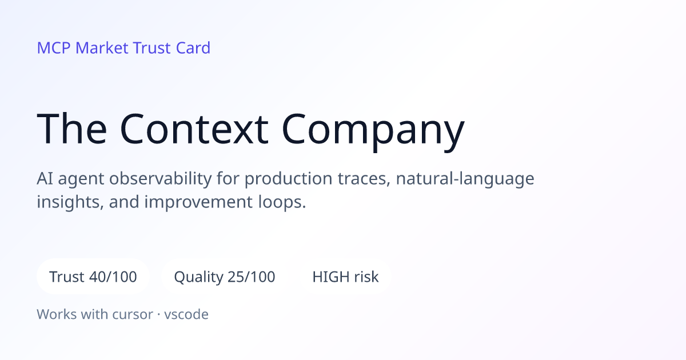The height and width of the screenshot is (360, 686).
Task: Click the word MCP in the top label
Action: pos(54,48)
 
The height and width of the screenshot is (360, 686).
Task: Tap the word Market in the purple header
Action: pos(102,48)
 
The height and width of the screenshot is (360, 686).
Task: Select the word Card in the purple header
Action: pos(193,48)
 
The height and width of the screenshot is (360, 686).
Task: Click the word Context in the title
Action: pos(194,129)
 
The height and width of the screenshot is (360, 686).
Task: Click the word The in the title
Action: pos(72,128)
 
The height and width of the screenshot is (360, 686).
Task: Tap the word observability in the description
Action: pos(160,179)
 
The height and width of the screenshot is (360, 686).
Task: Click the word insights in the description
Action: pos(70,202)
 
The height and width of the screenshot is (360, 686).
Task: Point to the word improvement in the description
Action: pos(198,203)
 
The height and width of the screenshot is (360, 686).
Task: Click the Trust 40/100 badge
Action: pos(93,277)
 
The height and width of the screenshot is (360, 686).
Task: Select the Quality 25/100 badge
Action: pos(225,277)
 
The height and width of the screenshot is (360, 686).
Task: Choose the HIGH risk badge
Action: pos(345,277)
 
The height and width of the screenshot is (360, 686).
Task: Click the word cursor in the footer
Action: pos(133,315)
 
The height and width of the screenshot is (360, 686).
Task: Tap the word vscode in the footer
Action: pos(186,314)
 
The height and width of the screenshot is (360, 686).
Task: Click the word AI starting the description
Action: pos(45,179)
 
